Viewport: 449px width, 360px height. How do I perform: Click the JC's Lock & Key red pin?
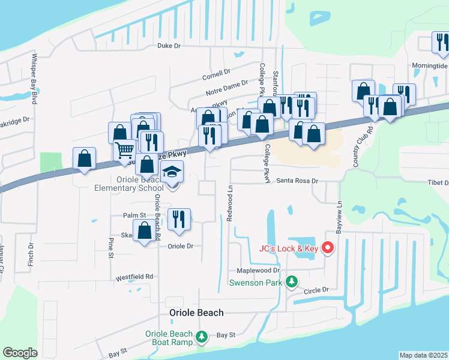328,247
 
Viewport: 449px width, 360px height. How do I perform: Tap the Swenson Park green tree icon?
292,281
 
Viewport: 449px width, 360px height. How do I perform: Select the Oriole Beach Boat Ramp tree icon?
203,336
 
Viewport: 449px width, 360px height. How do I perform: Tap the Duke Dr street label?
169,45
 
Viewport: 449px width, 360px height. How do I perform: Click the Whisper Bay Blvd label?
34,79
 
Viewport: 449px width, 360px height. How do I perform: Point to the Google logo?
20,353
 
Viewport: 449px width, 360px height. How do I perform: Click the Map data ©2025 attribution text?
423,355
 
